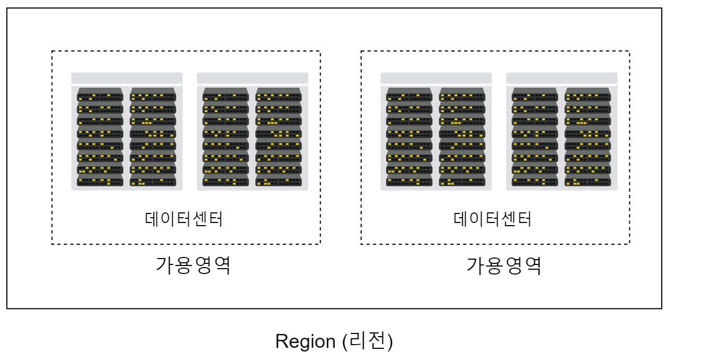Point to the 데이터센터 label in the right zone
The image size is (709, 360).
point(493,219)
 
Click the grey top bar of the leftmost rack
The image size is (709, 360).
point(127,78)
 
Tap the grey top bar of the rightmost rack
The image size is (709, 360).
point(561,78)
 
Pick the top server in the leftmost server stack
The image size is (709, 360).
point(100,96)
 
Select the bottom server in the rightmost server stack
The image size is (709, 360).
point(587,181)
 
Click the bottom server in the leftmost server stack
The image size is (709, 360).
point(100,181)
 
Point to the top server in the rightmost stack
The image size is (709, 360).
point(587,96)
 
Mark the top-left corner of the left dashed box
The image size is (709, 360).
point(52,52)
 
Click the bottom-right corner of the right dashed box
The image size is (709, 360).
point(629,244)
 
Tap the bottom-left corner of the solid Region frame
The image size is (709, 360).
point(7,308)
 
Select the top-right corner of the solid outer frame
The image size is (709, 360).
point(662,8)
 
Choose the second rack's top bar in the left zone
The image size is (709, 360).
point(252,78)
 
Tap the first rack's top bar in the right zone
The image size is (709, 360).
point(436,78)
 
